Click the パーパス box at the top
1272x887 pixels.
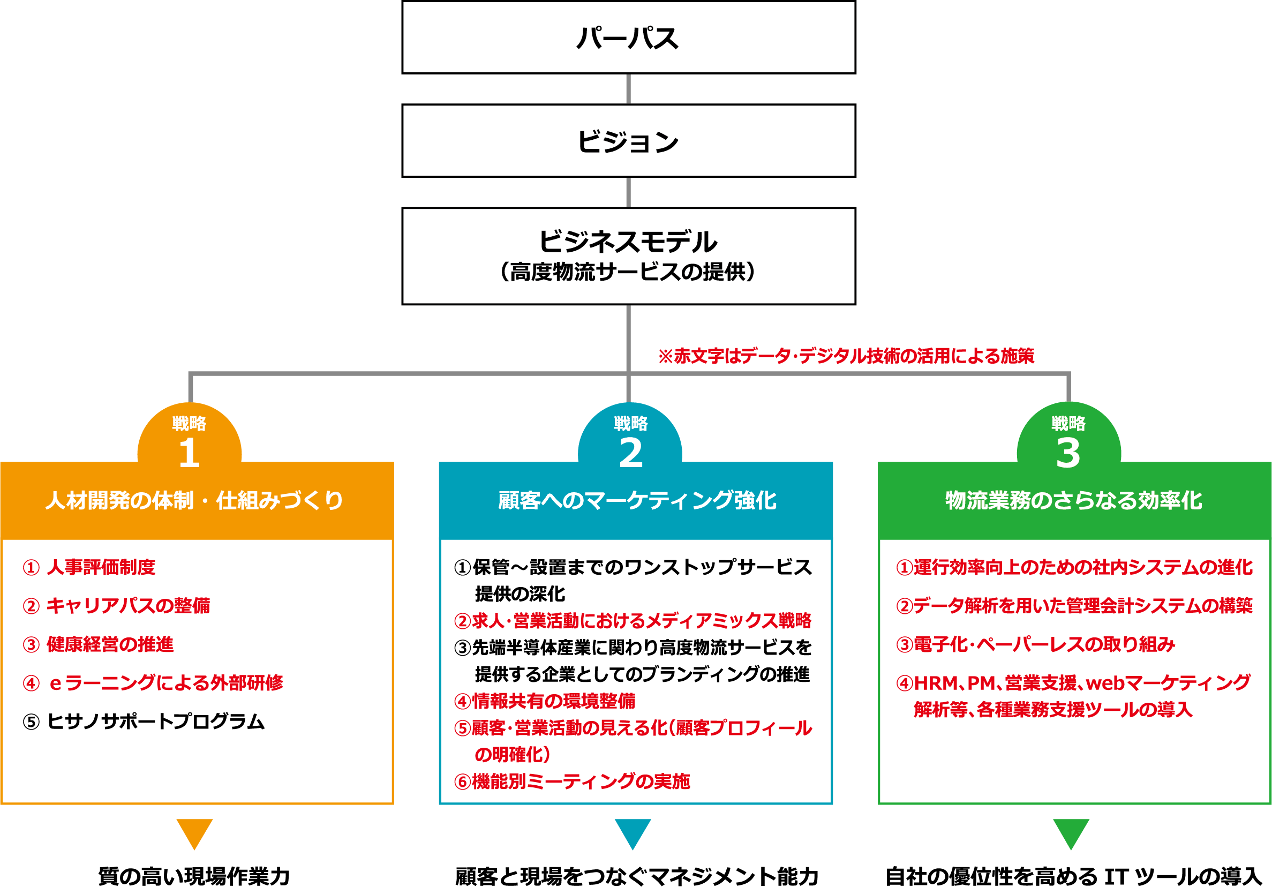pyautogui.click(x=628, y=37)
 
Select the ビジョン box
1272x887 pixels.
pyautogui.click(x=628, y=141)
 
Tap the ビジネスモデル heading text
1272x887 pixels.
pyautogui.click(x=628, y=242)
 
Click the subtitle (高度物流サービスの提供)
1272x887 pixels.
pyautogui.click(x=628, y=272)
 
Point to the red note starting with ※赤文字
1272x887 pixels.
pyautogui.click(x=846, y=356)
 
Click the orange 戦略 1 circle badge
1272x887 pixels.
pyautogui.click(x=190, y=438)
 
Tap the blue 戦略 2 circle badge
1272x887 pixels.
pyautogui.click(x=630, y=438)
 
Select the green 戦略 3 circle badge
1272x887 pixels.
pyautogui.click(x=1068, y=438)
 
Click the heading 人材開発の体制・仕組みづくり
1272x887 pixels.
pyautogui.click(x=194, y=500)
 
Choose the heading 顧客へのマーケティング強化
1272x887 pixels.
pyautogui.click(x=637, y=500)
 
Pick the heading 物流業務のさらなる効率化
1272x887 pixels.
pyautogui.click(x=1074, y=500)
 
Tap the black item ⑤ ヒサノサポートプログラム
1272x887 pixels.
pyautogui.click(x=144, y=721)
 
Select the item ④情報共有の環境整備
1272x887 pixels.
pyautogui.click(x=545, y=701)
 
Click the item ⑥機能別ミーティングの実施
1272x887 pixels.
pyautogui.click(x=572, y=781)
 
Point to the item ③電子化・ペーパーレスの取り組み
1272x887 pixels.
pyautogui.click(x=1035, y=644)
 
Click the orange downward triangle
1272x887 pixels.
pyautogui.click(x=194, y=832)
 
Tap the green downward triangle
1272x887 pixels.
pyautogui.click(x=1071, y=832)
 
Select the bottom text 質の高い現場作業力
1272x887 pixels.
pyautogui.click(x=194, y=876)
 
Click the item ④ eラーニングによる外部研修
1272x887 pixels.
pyautogui.click(x=153, y=683)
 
